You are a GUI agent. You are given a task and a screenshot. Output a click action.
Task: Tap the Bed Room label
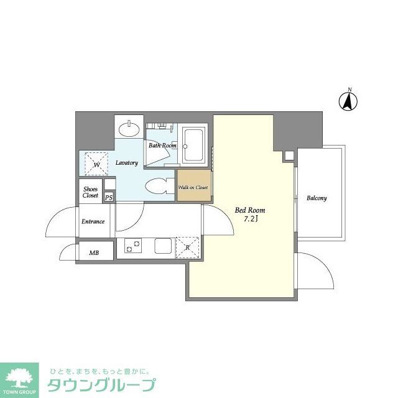point(249,210)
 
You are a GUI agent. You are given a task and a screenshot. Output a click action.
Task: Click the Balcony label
point(317,198)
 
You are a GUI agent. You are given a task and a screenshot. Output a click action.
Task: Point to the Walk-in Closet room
point(193,187)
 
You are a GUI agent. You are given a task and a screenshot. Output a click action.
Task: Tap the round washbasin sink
point(129,130)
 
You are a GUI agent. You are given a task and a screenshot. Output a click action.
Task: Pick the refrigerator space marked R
point(187,246)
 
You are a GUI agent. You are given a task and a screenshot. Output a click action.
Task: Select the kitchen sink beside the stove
point(164,247)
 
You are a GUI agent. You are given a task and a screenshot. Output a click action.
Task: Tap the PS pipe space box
point(109,197)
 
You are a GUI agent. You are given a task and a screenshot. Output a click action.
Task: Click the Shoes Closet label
point(91,191)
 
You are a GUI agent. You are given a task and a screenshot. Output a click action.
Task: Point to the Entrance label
point(93,221)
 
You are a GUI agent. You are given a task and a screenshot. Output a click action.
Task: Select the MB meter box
point(95,252)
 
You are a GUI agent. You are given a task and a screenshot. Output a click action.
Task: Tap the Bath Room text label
point(162,146)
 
